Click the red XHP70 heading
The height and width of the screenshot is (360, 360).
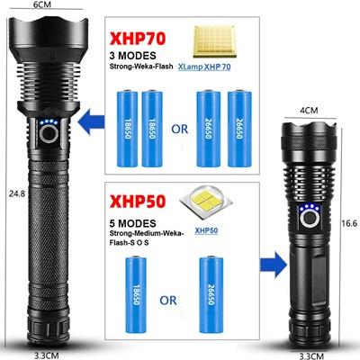coord(138,39)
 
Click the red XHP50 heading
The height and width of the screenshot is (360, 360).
coord(138,201)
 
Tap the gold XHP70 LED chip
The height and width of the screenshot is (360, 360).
coord(214,41)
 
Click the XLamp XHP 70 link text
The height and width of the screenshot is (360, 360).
coord(204,67)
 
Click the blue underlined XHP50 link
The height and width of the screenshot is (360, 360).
coord(206,230)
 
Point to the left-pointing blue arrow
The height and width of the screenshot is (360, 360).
coord(91,121)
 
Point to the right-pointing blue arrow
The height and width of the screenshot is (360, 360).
coord(272,264)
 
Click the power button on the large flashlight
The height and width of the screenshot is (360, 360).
coord(49,133)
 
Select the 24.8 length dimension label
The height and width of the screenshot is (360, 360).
coord(17,193)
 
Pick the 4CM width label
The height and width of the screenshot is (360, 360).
coord(309,111)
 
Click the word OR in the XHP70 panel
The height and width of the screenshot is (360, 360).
coord(180,129)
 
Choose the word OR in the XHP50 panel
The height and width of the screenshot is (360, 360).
coord(168,301)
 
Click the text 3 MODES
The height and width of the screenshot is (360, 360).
coord(133,56)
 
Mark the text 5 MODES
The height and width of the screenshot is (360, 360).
coord(133,223)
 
